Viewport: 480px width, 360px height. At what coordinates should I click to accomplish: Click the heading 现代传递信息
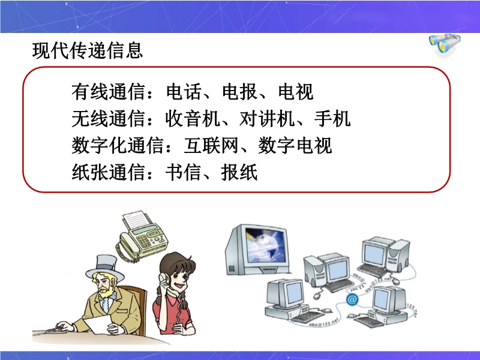point(88,50)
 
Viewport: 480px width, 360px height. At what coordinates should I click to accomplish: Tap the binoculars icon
point(444,44)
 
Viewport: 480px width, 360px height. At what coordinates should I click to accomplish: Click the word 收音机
point(193,118)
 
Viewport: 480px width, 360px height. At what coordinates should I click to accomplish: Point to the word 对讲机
point(267,118)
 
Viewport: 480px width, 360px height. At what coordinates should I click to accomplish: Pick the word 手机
point(332,118)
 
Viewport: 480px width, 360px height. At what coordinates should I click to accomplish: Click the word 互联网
point(211,145)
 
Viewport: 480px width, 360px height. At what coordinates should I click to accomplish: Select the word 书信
point(184,172)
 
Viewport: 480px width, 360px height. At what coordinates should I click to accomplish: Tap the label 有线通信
point(109,92)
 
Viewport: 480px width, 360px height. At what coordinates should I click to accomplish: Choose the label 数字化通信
point(118,145)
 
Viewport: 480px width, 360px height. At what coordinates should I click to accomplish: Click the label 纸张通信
point(109,172)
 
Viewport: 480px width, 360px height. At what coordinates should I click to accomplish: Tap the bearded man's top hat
point(105,268)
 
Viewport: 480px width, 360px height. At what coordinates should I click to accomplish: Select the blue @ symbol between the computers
point(352,299)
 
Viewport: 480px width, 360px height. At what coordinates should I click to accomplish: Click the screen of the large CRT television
point(265,245)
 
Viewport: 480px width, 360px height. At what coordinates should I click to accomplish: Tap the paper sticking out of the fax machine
point(138,220)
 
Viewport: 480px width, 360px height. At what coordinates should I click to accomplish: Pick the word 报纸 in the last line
point(239,172)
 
